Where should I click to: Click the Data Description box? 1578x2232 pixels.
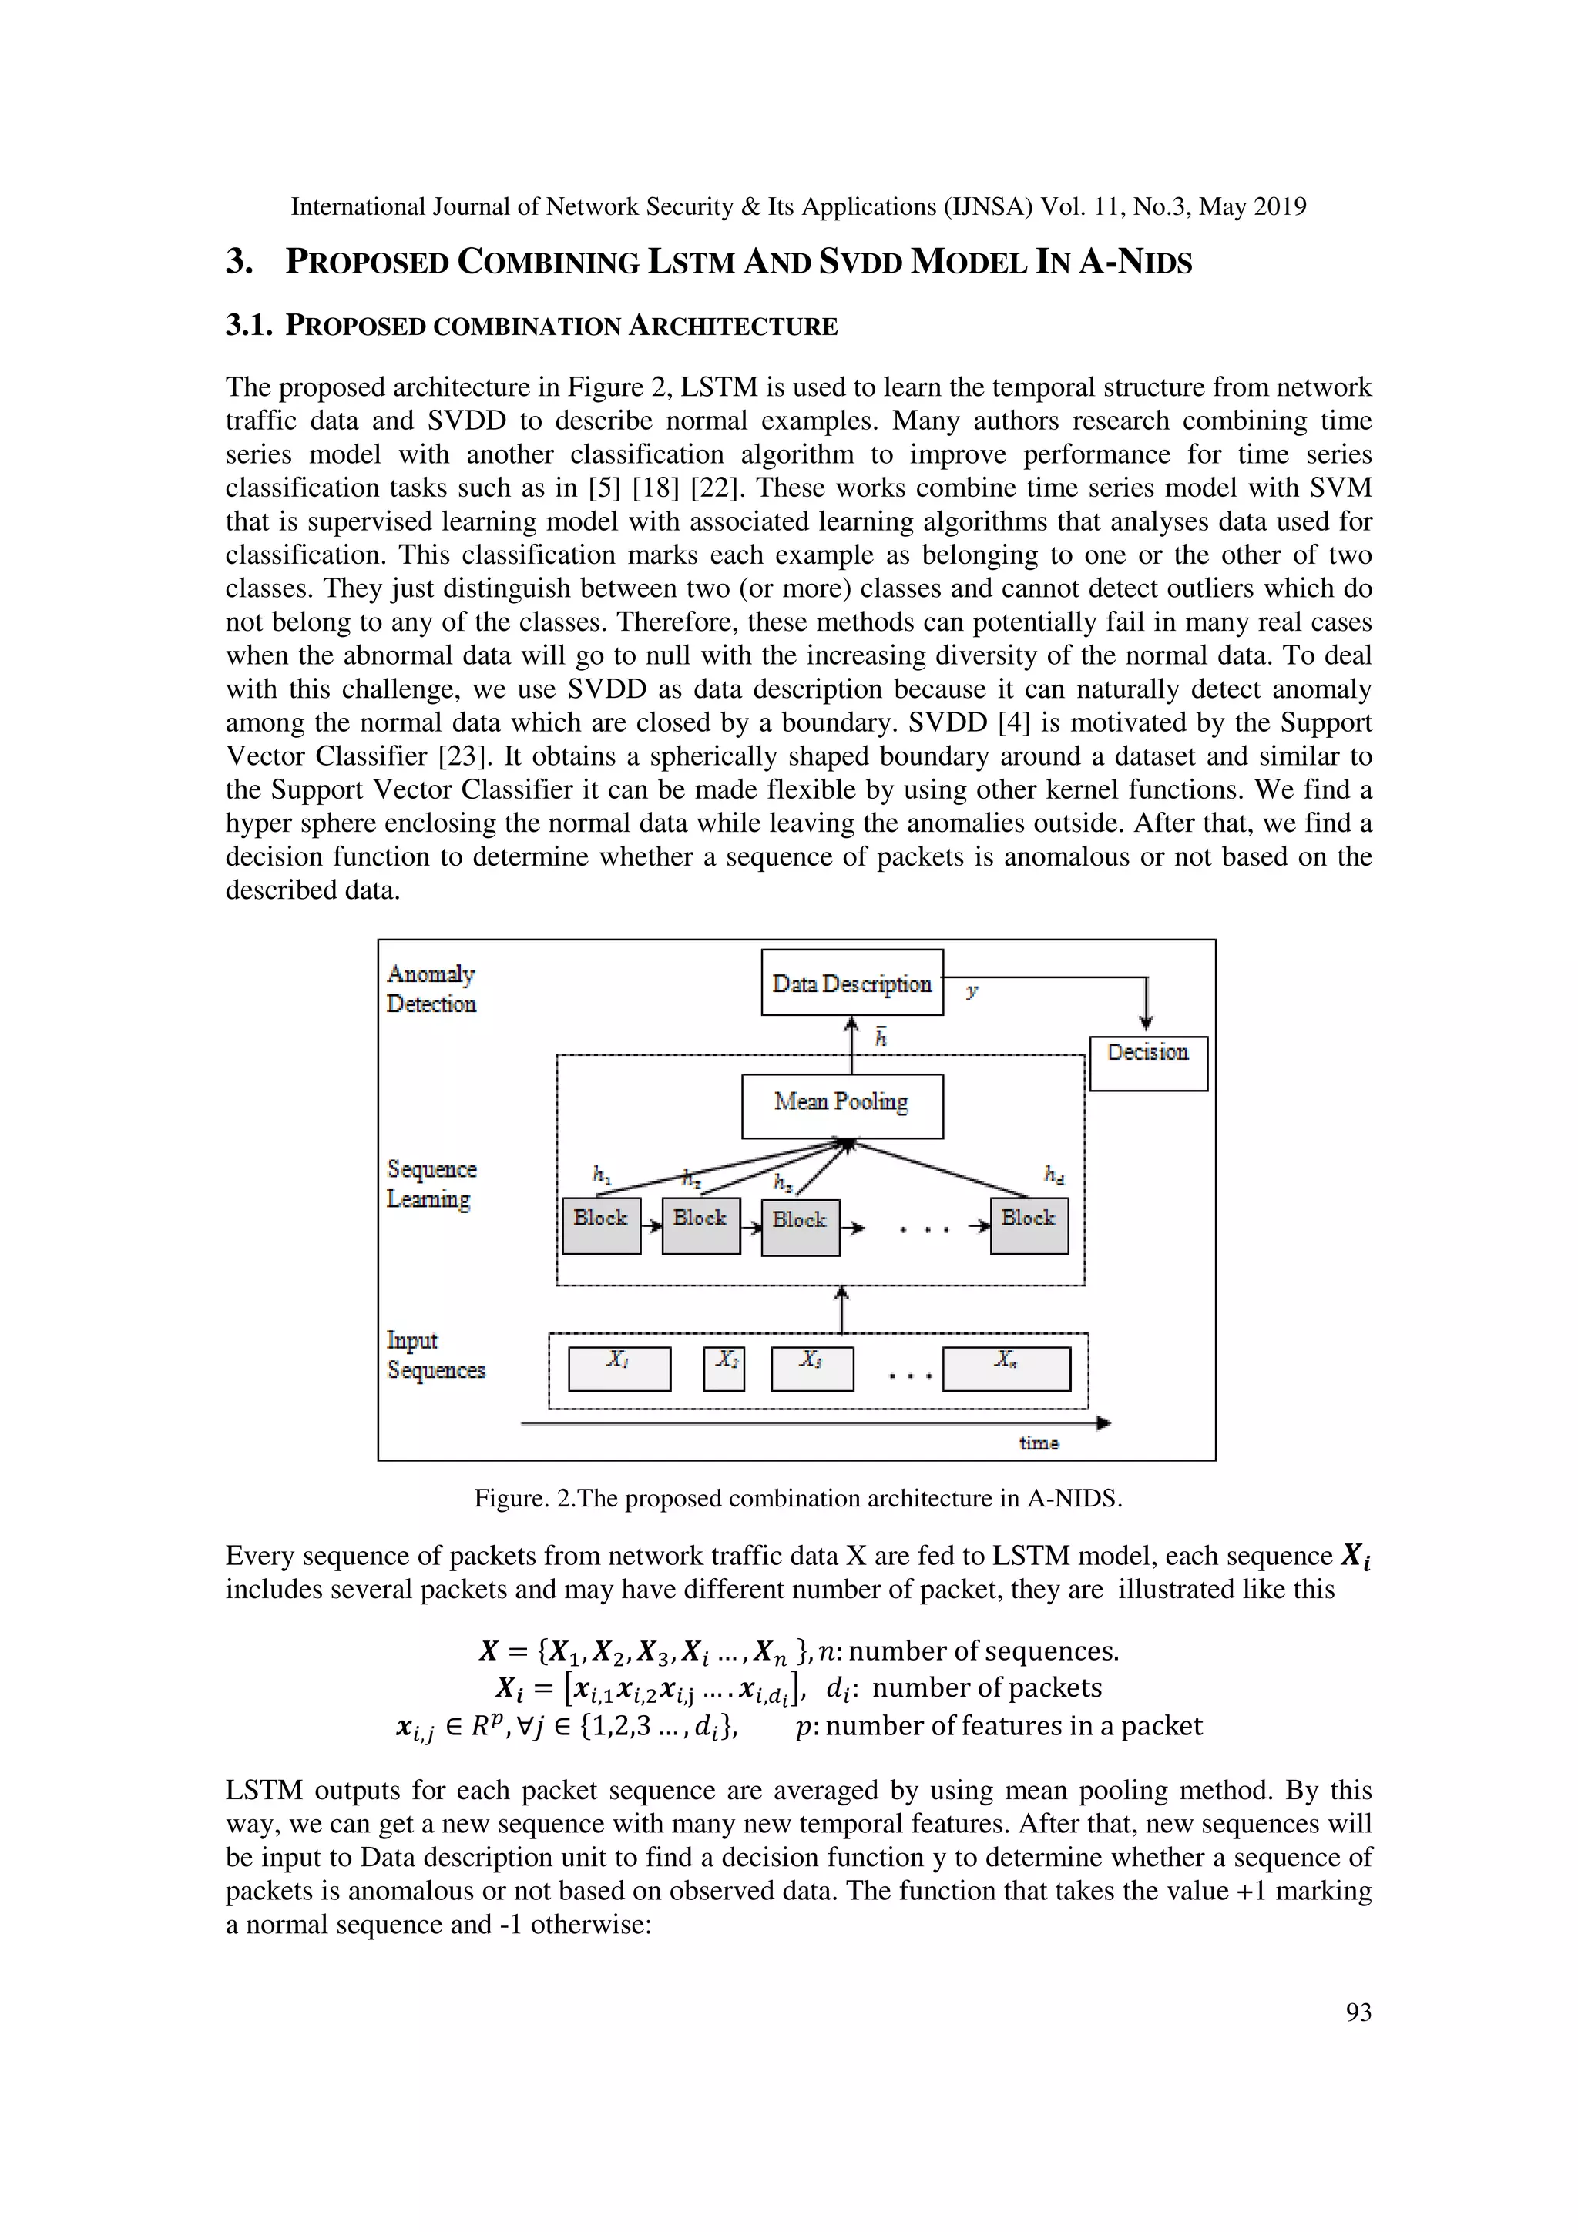[851, 983]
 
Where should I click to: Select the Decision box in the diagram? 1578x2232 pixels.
[1148, 1063]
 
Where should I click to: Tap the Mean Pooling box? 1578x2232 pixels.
[842, 1105]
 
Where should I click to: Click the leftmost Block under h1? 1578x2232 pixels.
[601, 1225]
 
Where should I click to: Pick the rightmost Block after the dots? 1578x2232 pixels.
[1029, 1225]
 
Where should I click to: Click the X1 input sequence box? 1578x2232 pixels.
[619, 1369]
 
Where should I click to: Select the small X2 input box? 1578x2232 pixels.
[724, 1369]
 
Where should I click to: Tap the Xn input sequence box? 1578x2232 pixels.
[1006, 1369]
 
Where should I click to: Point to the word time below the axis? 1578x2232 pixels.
[1039, 1443]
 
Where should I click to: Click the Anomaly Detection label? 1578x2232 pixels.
[431, 989]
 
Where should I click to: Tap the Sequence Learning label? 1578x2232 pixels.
[431, 1183]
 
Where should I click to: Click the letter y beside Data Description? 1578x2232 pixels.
[972, 990]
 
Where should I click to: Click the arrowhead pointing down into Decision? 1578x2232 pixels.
[1147, 1022]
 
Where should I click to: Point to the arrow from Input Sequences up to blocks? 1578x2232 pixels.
[842, 1309]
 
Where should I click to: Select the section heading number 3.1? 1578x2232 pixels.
[248, 326]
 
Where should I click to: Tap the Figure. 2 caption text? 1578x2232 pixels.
[797, 1498]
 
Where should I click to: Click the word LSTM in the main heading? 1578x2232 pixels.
[690, 263]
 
